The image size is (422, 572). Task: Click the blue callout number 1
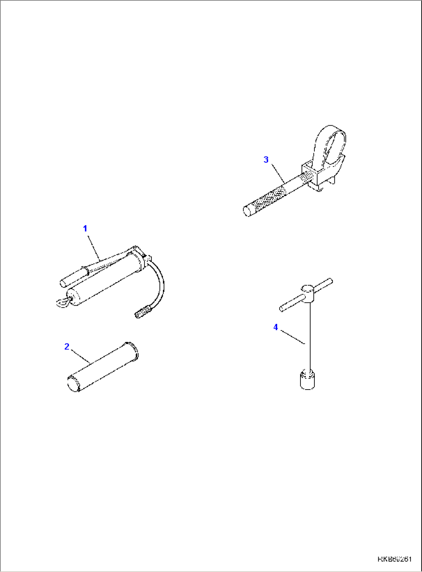pos(85,228)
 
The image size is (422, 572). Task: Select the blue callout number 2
pos(67,346)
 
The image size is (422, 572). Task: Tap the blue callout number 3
pos(266,159)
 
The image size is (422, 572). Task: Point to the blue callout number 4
pos(276,327)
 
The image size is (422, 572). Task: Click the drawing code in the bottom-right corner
pos(395,559)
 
